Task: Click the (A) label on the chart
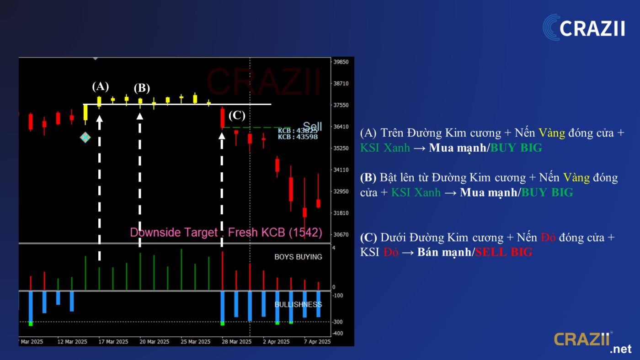point(100,86)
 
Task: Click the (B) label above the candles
point(142,88)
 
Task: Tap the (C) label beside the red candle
point(237,115)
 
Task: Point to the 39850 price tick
point(341,62)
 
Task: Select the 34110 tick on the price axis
point(341,170)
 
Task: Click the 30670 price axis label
point(341,235)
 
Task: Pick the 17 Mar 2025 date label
point(113,342)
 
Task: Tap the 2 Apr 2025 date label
point(276,342)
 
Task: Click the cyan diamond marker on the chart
point(85,138)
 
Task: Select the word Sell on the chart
point(312,126)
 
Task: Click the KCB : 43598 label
point(298,137)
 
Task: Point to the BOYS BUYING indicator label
point(298,257)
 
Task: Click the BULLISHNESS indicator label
point(298,305)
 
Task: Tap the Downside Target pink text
point(174,233)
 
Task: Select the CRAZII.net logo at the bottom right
point(592,342)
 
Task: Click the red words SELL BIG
point(504,252)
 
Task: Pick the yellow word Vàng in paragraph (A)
point(552,133)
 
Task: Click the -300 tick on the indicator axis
point(337,322)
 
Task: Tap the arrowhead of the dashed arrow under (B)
point(140,116)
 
